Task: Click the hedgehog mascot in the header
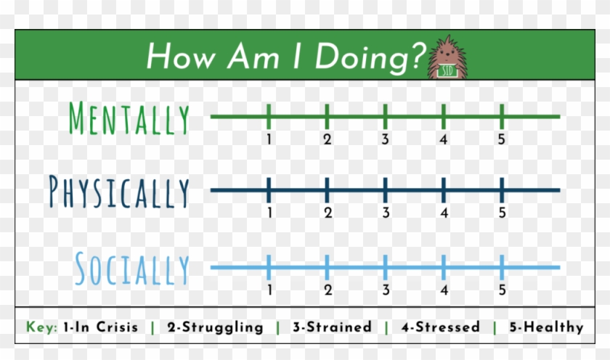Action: [x=446, y=57]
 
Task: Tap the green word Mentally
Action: [x=129, y=118]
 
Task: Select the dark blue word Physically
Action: [x=119, y=192]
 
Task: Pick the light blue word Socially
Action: [x=131, y=269]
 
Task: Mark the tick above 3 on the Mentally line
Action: [x=385, y=116]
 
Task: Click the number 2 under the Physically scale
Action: [x=328, y=213]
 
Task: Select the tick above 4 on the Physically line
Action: [x=444, y=190]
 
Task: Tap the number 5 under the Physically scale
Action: [x=502, y=213]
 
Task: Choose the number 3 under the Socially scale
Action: [x=386, y=290]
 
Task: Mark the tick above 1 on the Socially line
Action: [x=269, y=267]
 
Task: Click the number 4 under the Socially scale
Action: [x=444, y=290]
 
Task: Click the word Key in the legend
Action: [x=41, y=327]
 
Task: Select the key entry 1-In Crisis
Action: [x=99, y=327]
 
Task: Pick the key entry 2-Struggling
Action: [x=215, y=327]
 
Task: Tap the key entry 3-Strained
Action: [x=332, y=327]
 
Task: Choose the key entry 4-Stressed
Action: [x=440, y=327]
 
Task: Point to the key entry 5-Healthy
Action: [x=545, y=327]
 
